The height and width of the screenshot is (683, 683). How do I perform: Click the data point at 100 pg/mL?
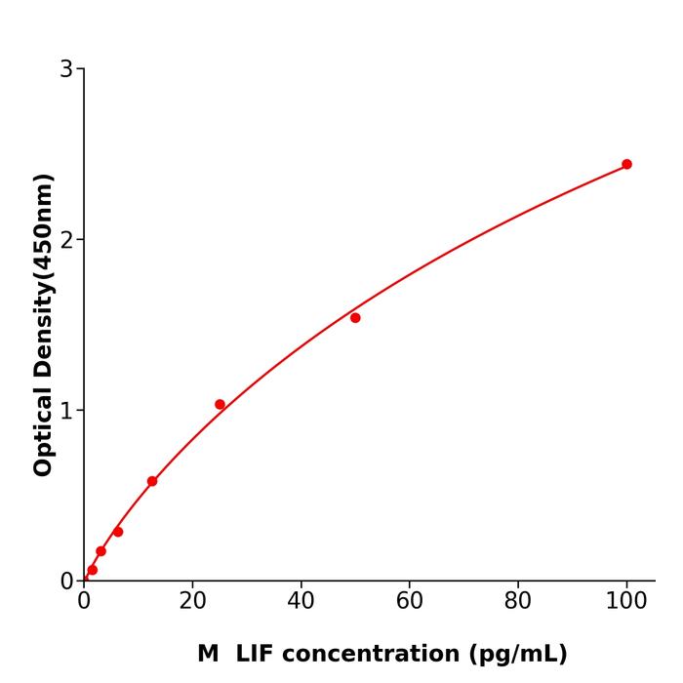pyautogui.click(x=626, y=164)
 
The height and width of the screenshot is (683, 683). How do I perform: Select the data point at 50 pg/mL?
pyautogui.click(x=355, y=317)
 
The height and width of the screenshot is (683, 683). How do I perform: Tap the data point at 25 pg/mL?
pyautogui.click(x=220, y=404)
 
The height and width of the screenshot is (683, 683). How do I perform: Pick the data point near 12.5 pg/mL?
pyautogui.click(x=152, y=481)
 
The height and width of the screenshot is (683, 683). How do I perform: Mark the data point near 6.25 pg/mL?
pyautogui.click(x=118, y=532)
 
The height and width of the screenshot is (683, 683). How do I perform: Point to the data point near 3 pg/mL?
pyautogui.click(x=100, y=551)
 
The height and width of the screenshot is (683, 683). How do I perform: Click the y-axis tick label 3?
pyautogui.click(x=66, y=69)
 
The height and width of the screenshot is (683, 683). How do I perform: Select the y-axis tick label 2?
pyautogui.click(x=66, y=240)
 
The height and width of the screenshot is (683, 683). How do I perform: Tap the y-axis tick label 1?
pyautogui.click(x=66, y=411)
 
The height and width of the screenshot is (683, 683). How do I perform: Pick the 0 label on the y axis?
pyautogui.click(x=66, y=582)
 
